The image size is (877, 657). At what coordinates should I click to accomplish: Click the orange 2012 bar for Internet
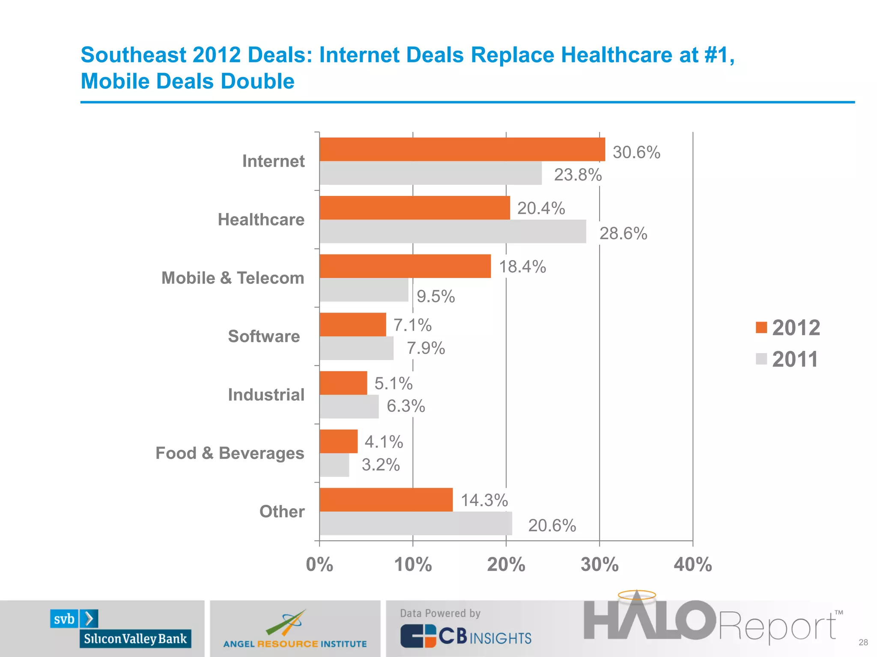pyautogui.click(x=462, y=149)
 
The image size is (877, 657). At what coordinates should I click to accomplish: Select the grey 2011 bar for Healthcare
pyautogui.click(x=453, y=231)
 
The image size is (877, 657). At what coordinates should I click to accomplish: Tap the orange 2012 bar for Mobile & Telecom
pyautogui.click(x=405, y=266)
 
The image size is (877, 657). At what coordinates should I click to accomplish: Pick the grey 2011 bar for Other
pyautogui.click(x=415, y=523)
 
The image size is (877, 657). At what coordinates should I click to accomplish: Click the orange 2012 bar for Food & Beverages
pyautogui.click(x=338, y=441)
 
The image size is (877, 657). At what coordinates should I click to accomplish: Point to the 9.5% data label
pyautogui.click(x=436, y=296)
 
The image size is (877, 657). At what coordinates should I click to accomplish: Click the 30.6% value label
pyautogui.click(x=636, y=152)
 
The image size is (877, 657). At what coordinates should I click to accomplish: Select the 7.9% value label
pyautogui.click(x=426, y=348)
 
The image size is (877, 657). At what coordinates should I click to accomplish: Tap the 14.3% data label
pyautogui.click(x=484, y=500)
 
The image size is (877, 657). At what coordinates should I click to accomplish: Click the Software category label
pyautogui.click(x=264, y=336)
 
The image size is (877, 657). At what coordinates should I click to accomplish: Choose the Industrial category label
pyautogui.click(x=266, y=394)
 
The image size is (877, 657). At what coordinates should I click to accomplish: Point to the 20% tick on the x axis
pyautogui.click(x=506, y=565)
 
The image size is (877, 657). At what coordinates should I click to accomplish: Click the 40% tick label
pyautogui.click(x=692, y=565)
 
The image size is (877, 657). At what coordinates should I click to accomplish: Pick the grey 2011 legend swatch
pyautogui.click(x=761, y=359)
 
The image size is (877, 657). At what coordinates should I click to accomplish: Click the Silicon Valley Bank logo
pyautogui.click(x=121, y=629)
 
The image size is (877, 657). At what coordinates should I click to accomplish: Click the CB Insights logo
pyautogui.click(x=465, y=635)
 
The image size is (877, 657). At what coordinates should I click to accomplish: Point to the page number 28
pyautogui.click(x=863, y=642)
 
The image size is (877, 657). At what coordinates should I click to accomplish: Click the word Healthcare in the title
pyautogui.click(x=616, y=55)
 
